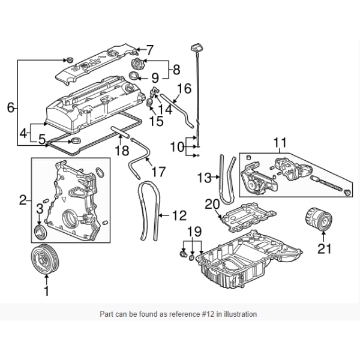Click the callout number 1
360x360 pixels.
46,292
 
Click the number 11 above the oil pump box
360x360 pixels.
280,143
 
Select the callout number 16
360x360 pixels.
184,89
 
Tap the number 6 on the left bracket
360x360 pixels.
10,108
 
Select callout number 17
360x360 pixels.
158,172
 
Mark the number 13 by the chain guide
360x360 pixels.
205,178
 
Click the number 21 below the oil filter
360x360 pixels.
324,248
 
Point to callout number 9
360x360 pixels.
154,77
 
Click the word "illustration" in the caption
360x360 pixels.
238,314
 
